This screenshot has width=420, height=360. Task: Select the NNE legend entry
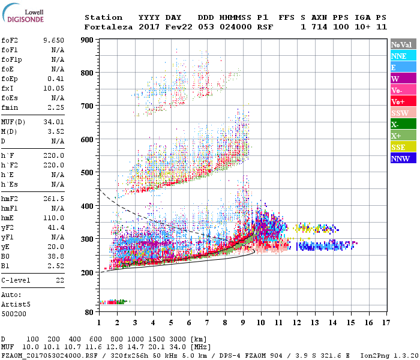[x=402, y=56]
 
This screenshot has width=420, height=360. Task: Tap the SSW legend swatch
[x=402, y=113]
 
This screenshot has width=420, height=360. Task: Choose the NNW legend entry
[x=402, y=159]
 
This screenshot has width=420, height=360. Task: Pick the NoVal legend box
[x=402, y=44]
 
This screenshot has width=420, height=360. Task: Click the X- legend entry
[x=402, y=125]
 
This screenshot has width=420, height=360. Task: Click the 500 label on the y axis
[x=87, y=173]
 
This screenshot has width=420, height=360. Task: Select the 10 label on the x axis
[x=261, y=323]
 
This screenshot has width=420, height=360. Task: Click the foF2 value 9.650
[x=53, y=40]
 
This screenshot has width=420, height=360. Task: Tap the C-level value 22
[x=59, y=280]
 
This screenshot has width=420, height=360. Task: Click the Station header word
[x=103, y=17]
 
